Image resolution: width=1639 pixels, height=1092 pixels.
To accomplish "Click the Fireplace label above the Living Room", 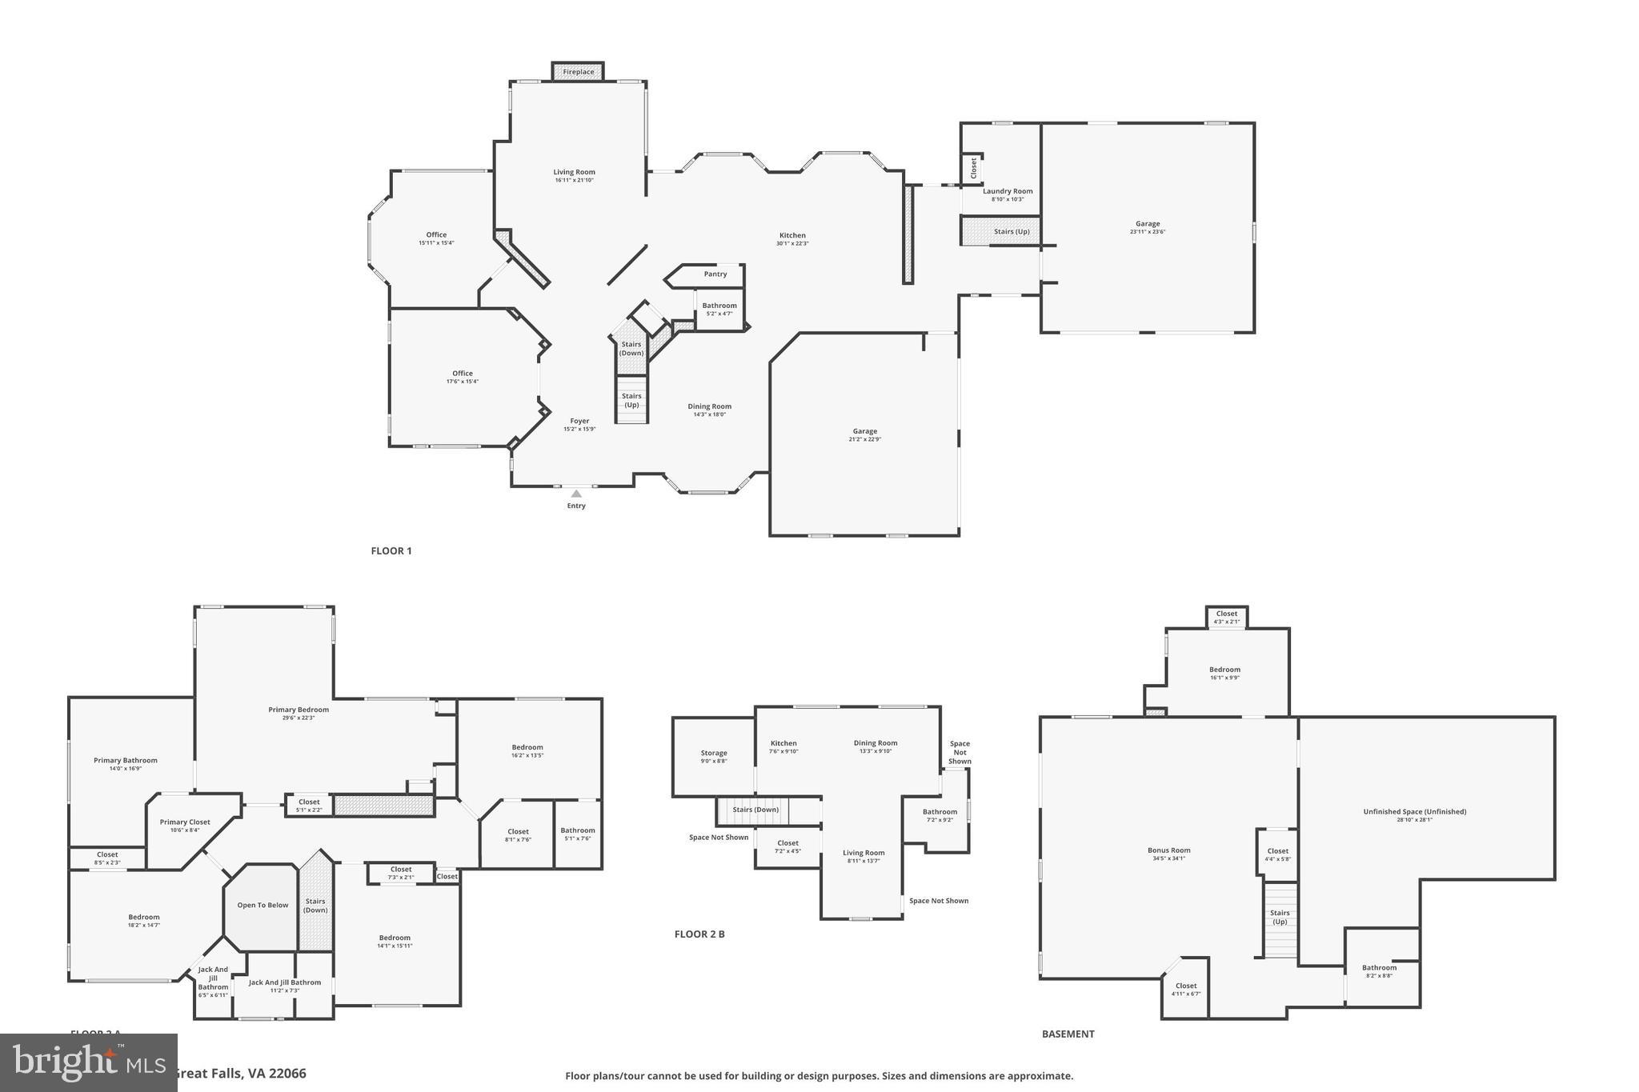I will click(578, 72).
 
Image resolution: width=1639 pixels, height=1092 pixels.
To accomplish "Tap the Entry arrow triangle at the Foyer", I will click(576, 494).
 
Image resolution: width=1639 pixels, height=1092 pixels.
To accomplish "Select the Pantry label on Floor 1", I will click(715, 274).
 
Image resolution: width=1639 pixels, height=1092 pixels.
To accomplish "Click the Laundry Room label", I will click(1008, 192).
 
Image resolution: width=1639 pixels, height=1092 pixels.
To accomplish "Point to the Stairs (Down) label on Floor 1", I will click(631, 349).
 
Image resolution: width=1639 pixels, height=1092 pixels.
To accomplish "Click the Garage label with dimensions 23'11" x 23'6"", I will click(1147, 225).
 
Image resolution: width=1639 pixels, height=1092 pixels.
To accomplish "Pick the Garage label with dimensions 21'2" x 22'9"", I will click(864, 432).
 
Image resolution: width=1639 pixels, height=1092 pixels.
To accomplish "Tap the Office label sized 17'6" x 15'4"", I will click(463, 374).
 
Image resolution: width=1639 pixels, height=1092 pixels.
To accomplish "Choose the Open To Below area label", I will click(262, 906).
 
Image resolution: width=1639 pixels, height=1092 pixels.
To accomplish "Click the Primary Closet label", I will click(185, 822).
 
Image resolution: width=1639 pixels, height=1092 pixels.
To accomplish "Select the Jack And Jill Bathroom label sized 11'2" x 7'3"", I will click(285, 983).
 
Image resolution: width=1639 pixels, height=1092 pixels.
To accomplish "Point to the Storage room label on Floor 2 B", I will click(714, 754).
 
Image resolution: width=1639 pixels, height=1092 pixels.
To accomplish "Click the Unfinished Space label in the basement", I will click(1414, 812).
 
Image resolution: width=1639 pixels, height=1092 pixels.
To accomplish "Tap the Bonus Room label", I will click(1168, 851).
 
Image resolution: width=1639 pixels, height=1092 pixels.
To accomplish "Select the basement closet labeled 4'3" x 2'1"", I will click(1226, 614).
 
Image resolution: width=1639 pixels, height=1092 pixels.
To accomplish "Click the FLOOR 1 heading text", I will click(391, 551).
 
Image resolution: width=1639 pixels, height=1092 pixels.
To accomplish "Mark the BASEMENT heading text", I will click(1068, 1034).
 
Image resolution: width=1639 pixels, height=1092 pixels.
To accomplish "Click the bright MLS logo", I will click(88, 1062).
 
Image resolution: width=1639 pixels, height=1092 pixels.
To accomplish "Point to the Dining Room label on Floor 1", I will click(709, 407).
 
